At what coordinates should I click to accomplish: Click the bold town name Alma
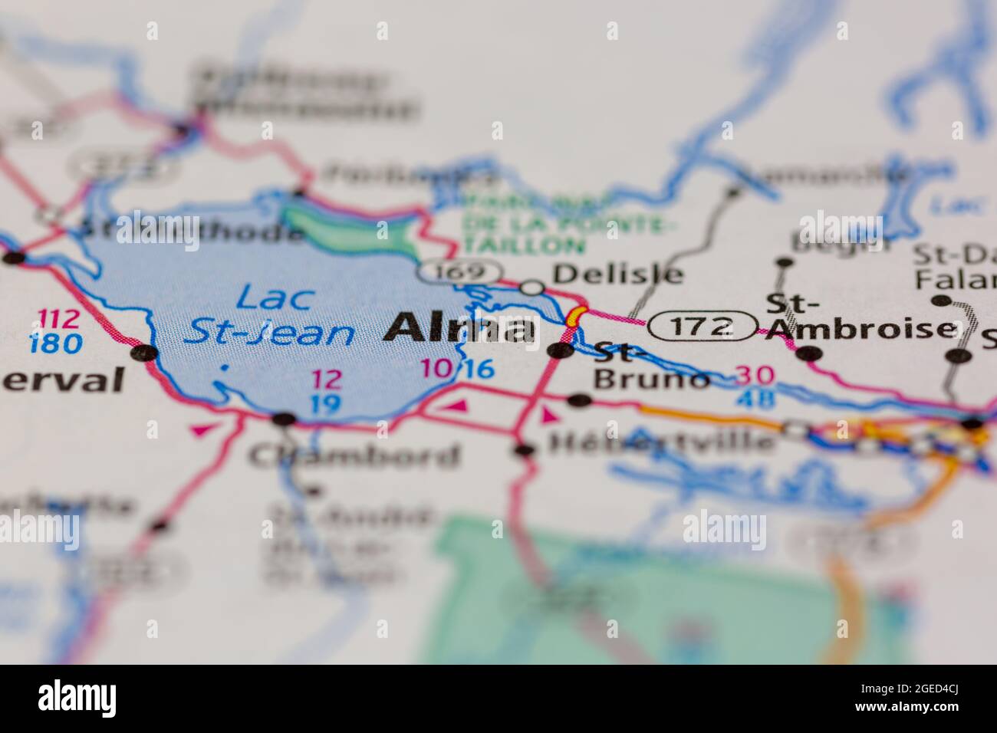pos(460,328)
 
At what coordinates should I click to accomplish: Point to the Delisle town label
pos(617,273)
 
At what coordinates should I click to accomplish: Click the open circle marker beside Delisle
pos(532,288)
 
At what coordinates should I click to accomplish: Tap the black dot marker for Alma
pos(561,351)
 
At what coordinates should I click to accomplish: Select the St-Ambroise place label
pos(859,316)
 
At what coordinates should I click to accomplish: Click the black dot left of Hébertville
pos(525,449)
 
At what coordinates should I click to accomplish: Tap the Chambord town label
pos(354,455)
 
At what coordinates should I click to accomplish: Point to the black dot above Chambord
pos(285,419)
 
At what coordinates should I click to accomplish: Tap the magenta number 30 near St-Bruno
pos(755,376)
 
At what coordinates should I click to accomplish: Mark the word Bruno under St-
pos(652,379)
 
